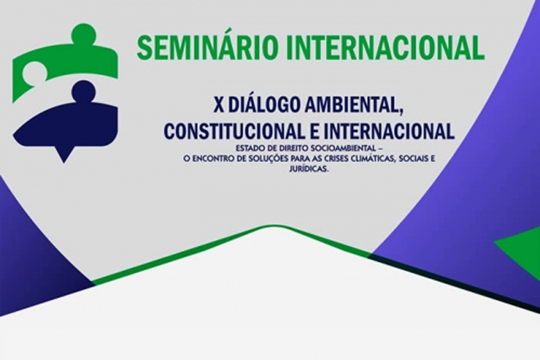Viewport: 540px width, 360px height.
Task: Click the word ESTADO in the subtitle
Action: [248, 149]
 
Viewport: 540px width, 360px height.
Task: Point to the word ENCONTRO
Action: [206, 159]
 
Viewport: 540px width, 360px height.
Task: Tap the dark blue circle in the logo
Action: [84, 92]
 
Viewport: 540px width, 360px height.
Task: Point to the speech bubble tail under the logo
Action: [63, 155]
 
